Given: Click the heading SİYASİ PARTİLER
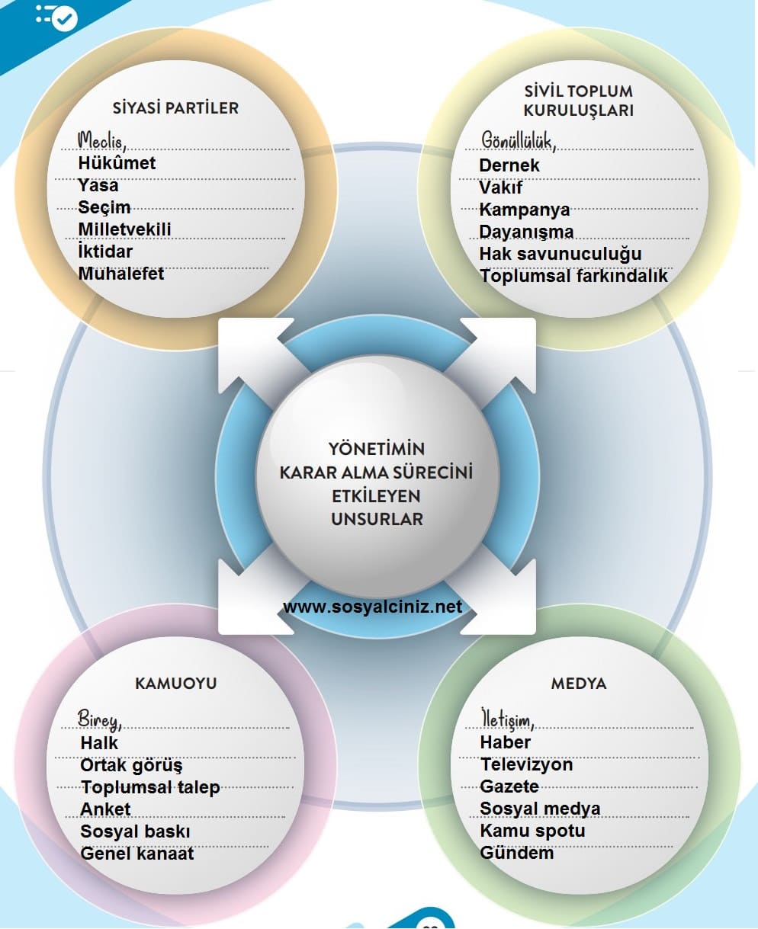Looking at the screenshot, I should (175, 107).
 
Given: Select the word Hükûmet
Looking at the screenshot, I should (117, 163).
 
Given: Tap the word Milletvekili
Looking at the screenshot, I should (124, 229).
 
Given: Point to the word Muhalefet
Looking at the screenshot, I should (121, 274).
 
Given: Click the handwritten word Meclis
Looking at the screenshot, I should (101, 140).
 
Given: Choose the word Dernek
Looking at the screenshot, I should (509, 165).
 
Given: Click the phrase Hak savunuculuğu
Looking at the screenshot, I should (560, 254).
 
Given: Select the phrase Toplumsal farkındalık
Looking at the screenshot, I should (573, 276).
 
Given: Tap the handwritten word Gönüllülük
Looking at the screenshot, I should (518, 140).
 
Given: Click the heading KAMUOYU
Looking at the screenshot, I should (175, 683).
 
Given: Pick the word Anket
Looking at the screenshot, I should (105, 809).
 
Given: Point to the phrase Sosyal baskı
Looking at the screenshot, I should (135, 831).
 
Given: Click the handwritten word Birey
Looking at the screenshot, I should (98, 719).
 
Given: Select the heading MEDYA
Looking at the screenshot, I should (579, 683).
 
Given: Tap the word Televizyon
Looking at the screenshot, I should (526, 764).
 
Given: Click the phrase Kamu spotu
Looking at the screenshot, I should (532, 831).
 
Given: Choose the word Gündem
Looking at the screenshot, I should (516, 853).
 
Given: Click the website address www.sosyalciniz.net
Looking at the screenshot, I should (372, 607).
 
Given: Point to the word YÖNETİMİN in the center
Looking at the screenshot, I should (377, 448).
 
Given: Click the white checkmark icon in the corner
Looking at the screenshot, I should (65, 18).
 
